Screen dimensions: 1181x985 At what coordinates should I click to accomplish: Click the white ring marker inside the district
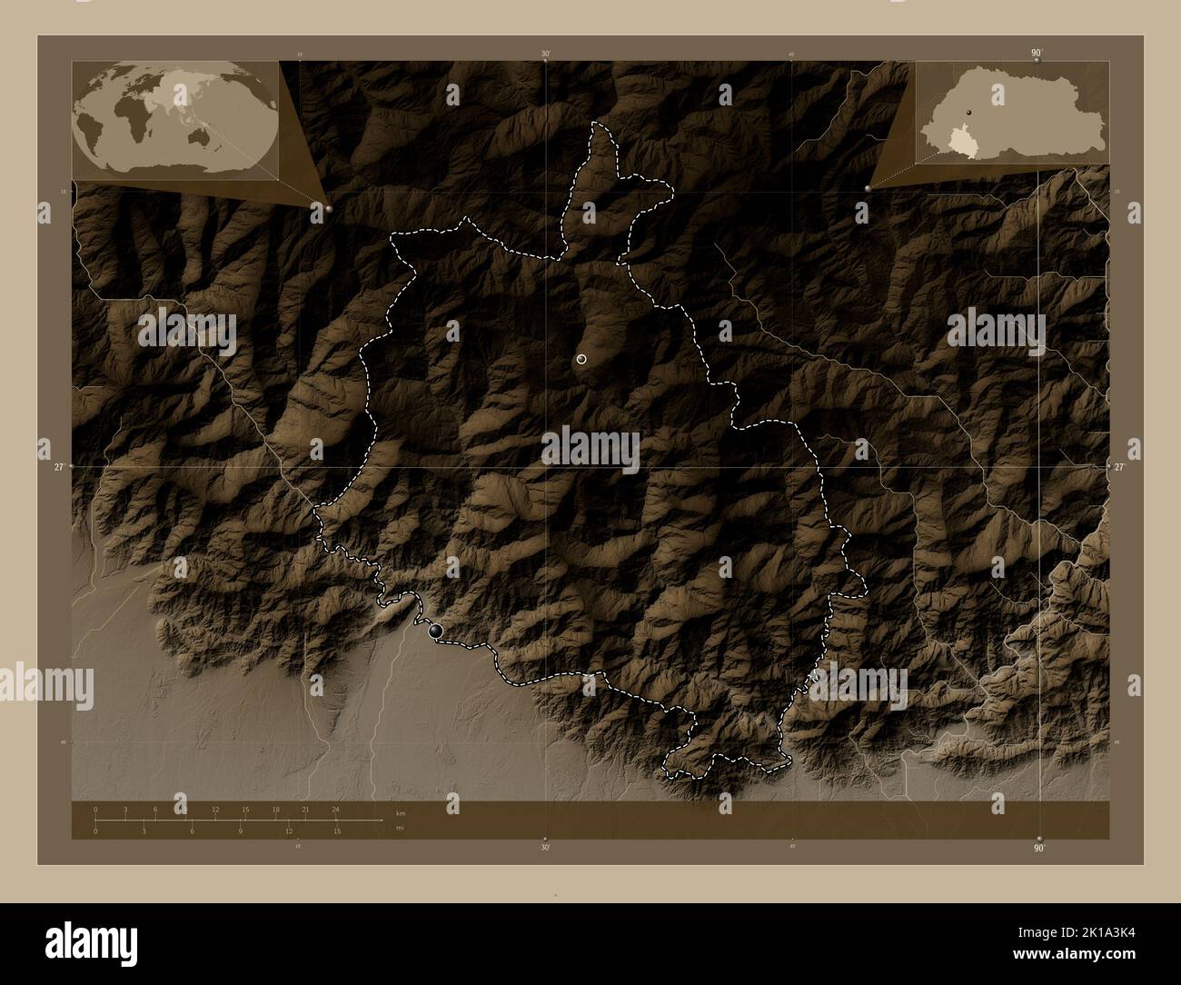point(581,360)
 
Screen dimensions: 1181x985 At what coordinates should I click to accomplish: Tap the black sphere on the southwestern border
point(436,629)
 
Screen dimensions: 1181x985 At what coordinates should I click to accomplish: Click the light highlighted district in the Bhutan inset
point(959,140)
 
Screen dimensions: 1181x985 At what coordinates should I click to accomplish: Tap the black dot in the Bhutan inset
point(969,111)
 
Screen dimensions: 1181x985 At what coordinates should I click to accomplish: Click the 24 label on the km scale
point(335,809)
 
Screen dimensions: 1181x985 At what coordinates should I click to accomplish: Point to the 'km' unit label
point(400,813)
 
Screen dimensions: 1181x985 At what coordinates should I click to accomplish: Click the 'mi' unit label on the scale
point(399,827)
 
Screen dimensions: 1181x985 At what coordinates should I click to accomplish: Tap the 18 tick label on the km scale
point(275,809)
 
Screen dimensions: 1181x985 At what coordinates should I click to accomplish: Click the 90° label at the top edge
point(1036,54)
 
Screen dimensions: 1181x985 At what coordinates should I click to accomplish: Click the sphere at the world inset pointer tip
point(328,209)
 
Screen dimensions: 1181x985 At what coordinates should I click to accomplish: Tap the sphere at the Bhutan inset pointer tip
point(869,187)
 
